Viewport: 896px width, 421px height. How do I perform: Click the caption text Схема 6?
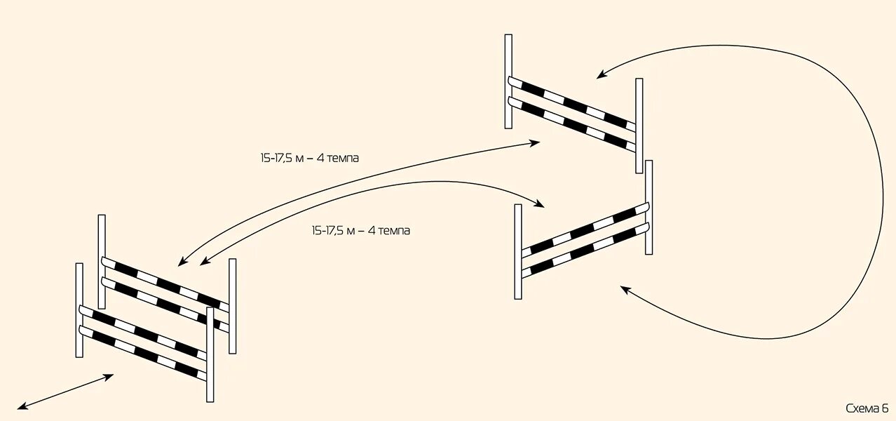[867, 408]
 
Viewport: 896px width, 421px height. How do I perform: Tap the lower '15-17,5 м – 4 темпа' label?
[360, 230]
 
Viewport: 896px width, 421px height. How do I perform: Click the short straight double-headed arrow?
[65, 392]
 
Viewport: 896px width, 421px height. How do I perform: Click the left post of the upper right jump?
[508, 81]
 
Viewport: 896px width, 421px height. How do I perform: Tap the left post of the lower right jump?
[518, 251]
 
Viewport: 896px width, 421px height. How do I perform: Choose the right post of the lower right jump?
[649, 207]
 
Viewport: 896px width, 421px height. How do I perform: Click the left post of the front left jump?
[79, 309]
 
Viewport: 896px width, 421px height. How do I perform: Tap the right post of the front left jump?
[210, 354]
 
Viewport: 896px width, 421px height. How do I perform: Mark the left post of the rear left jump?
[102, 261]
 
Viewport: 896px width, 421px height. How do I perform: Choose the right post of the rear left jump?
[232, 305]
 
